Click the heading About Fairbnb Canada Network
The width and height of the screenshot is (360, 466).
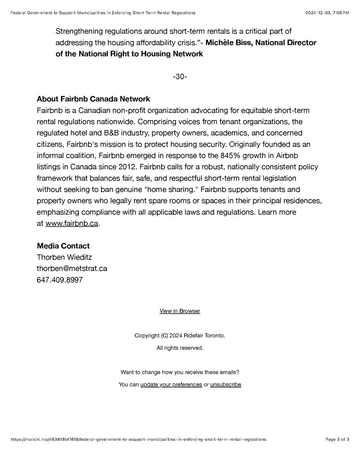93,99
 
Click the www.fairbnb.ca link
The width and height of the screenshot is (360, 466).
71,224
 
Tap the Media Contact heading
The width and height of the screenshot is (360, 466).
63,246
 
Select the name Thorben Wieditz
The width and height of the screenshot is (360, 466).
64,257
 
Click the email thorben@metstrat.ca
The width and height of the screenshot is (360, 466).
72,268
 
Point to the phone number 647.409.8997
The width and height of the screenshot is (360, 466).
59,280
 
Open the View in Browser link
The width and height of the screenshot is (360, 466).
180,311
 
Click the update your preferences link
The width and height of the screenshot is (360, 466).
171,384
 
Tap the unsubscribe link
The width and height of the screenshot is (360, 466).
226,384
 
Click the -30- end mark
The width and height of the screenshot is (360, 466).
180,77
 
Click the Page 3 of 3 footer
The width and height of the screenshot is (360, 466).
337,439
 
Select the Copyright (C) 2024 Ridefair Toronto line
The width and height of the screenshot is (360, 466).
180,336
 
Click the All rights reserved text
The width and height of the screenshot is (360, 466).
180,348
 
